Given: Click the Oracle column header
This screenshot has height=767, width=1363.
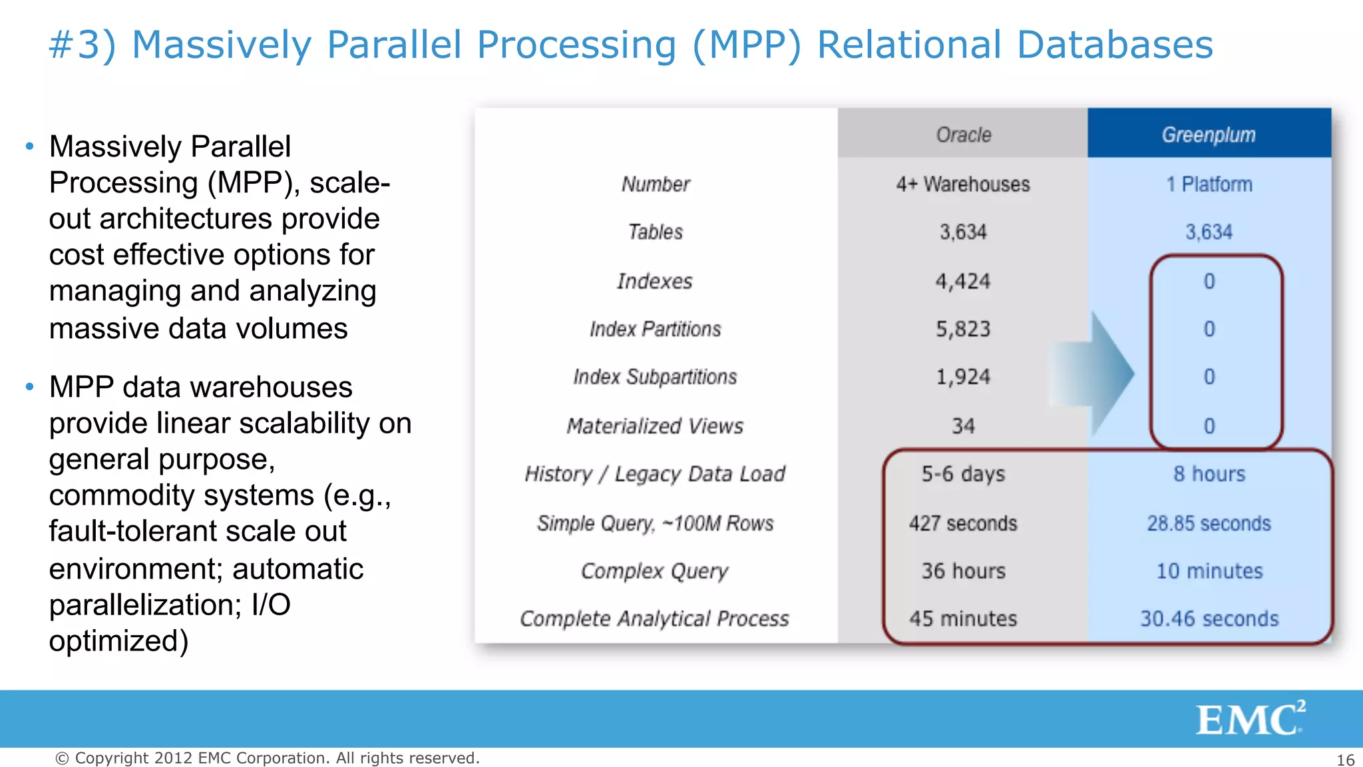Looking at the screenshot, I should pyautogui.click(x=963, y=134).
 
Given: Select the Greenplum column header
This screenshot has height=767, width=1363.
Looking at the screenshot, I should pyautogui.click(x=1209, y=134).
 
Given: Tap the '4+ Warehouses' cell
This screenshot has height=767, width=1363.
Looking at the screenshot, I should pyautogui.click(x=963, y=184).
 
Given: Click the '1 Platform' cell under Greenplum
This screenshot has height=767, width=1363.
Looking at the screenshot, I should pyautogui.click(x=1209, y=184).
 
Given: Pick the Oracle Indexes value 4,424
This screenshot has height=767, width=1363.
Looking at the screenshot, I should pyautogui.click(x=963, y=281).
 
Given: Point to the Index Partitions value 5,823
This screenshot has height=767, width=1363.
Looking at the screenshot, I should pyautogui.click(x=963, y=329).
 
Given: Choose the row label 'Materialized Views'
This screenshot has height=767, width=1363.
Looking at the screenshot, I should pyautogui.click(x=655, y=425).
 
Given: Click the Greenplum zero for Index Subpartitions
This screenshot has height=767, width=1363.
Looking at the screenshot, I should pyautogui.click(x=1209, y=377).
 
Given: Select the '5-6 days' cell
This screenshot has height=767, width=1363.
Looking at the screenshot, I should pyautogui.click(x=963, y=474).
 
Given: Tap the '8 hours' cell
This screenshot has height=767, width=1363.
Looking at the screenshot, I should pyautogui.click(x=1209, y=474).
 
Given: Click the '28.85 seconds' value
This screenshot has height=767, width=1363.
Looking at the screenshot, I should pyautogui.click(x=1209, y=523).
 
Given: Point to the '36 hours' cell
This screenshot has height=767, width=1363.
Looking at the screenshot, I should pyautogui.click(x=963, y=571).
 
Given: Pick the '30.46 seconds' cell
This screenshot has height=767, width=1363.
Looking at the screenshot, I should pyautogui.click(x=1209, y=619).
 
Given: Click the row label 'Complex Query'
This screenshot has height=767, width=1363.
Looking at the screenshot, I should pyautogui.click(x=655, y=571).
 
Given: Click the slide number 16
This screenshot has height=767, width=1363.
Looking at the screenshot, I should pyautogui.click(x=1345, y=760).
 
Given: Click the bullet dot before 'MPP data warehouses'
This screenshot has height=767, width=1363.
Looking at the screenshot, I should pyautogui.click(x=29, y=386).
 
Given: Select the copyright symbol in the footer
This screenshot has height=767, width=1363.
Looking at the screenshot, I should pyautogui.click(x=62, y=758).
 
